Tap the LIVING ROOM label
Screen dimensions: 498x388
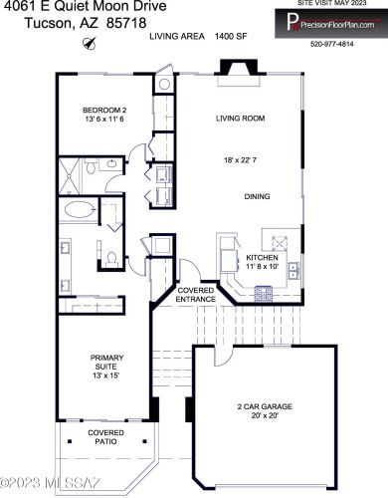tap(241, 118)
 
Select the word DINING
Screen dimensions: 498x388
tap(258, 196)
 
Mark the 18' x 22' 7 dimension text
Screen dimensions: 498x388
tap(241, 159)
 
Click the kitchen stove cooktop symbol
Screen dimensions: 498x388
tap(264, 292)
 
